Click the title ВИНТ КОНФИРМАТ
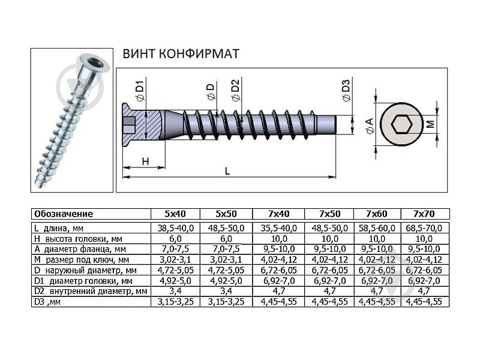point(181,54)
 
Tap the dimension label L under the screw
point(227,171)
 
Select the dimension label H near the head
point(145,161)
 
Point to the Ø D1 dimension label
point(139,91)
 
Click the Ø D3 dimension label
point(345,91)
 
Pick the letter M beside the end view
point(430,124)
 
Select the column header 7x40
point(278,214)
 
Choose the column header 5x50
point(226,214)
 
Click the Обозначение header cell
point(64,214)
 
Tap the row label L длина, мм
point(59,228)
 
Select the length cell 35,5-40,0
point(278,228)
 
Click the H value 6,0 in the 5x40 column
point(175,238)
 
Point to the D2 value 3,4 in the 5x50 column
point(226,291)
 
